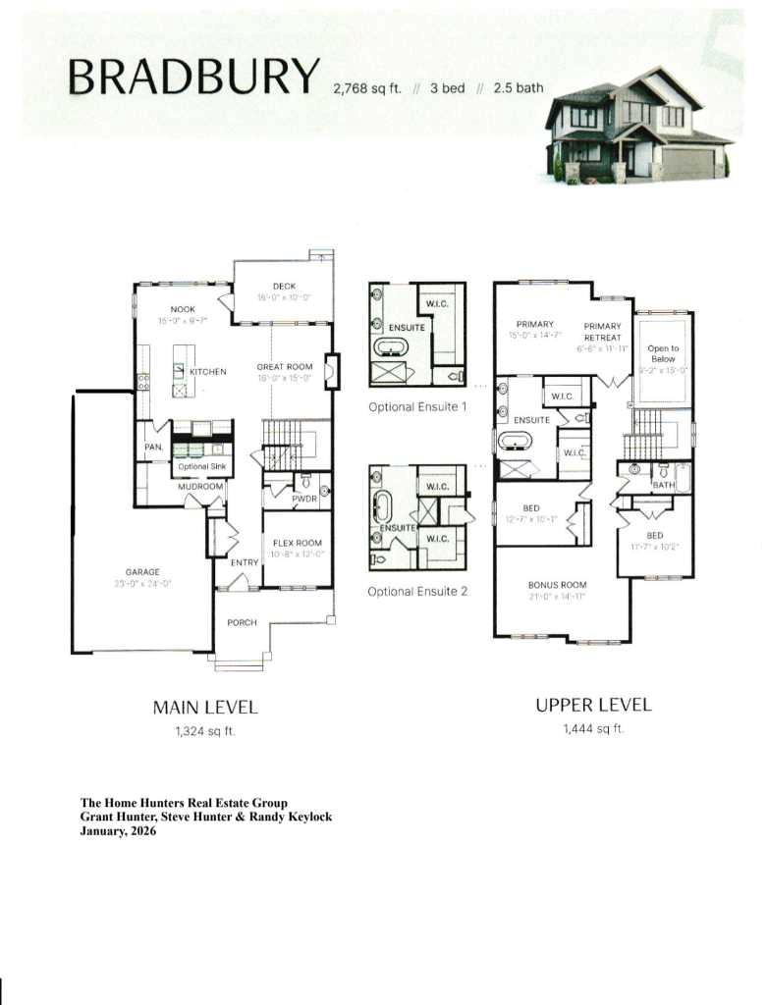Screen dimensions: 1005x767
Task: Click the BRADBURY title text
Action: pos(193,76)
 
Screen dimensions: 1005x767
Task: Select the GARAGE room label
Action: pos(142,571)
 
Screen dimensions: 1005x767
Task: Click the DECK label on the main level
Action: pos(278,287)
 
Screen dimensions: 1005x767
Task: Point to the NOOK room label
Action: pos(183,309)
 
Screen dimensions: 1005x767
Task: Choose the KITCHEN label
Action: pos(207,372)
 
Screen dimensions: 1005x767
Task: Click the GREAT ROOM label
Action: pos(284,366)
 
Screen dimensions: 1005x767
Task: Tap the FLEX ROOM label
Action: pos(297,543)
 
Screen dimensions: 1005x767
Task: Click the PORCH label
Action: pos(242,622)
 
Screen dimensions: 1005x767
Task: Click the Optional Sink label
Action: pos(201,466)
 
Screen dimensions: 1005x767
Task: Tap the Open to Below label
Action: pos(663,354)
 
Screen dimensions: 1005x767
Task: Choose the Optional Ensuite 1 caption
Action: pos(417,406)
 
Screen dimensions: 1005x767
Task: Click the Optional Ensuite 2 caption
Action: pos(417,592)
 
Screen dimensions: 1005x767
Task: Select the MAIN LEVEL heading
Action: pos(205,707)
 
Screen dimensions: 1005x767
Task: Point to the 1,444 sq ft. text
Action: pos(592,729)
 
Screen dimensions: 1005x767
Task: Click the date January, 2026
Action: pos(118,830)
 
